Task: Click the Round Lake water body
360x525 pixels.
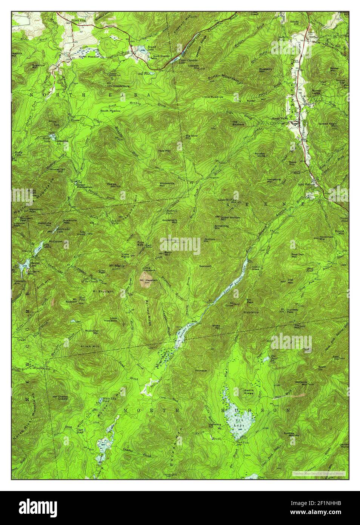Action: pos(141,48)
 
